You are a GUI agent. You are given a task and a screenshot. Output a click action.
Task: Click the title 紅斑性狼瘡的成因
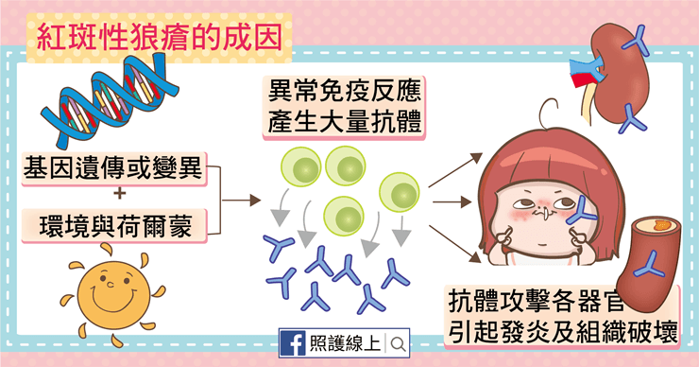click(159, 37)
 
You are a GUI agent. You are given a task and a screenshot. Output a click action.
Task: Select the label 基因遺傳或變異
click(113, 167)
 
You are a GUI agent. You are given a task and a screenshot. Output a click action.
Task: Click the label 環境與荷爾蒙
click(115, 225)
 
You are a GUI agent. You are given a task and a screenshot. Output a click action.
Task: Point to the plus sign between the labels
click(119, 194)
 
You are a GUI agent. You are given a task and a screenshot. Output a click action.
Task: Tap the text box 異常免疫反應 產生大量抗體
click(344, 107)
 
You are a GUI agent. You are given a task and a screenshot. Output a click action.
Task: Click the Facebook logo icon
click(293, 343)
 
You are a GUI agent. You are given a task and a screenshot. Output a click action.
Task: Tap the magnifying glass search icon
click(398, 343)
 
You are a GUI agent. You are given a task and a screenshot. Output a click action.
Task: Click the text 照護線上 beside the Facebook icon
click(345, 343)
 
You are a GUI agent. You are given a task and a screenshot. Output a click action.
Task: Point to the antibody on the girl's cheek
click(581, 210)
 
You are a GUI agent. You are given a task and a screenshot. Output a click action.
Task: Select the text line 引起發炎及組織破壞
click(563, 331)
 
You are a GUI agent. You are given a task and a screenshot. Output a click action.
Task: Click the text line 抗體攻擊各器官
click(535, 302)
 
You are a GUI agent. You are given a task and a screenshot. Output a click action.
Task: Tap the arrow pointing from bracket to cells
click(241, 200)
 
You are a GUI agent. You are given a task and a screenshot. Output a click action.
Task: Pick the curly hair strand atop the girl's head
click(548, 113)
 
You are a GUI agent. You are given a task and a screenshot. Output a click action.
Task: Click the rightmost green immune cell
click(400, 192)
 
